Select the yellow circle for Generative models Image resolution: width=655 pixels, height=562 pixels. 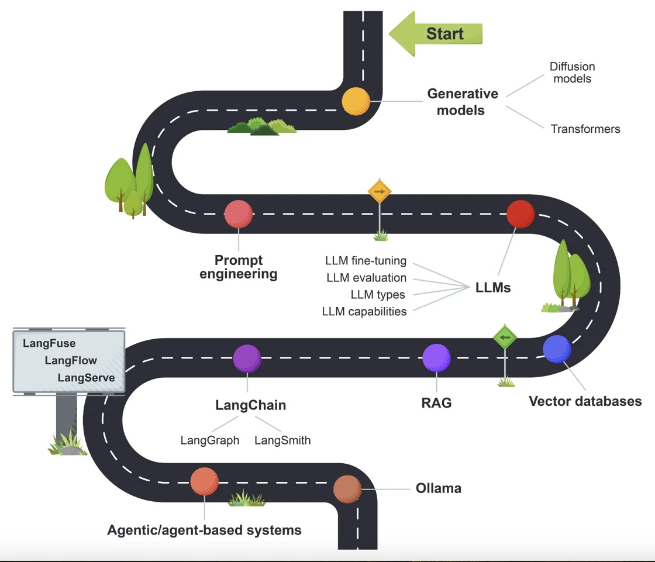coord(356,101)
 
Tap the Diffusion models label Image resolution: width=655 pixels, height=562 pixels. coord(572,73)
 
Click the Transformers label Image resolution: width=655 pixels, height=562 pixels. coord(585,129)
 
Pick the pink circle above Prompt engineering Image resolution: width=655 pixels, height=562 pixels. coord(239,214)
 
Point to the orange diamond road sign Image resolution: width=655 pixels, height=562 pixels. coord(380,191)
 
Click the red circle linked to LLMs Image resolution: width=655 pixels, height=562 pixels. coord(520,214)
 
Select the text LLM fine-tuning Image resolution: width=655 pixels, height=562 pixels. coord(366,261)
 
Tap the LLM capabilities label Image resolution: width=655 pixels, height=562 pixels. coord(364,312)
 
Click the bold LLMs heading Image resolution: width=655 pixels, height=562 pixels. coord(493,287)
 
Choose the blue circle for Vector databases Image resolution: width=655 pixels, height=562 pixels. coord(557,349)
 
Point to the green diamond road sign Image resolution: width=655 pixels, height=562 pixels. coord(505,337)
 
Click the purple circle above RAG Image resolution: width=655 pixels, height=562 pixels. coord(436,358)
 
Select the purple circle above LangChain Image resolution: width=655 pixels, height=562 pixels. coord(247,358)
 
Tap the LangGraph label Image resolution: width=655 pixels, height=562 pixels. coord(210,440)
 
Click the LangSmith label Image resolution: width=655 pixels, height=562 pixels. coord(282,440)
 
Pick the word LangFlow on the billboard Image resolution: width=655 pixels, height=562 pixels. coord(71,361)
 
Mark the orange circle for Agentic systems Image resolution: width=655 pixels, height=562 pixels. coord(204,481)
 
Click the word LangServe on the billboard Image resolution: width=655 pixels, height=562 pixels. coord(86,378)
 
